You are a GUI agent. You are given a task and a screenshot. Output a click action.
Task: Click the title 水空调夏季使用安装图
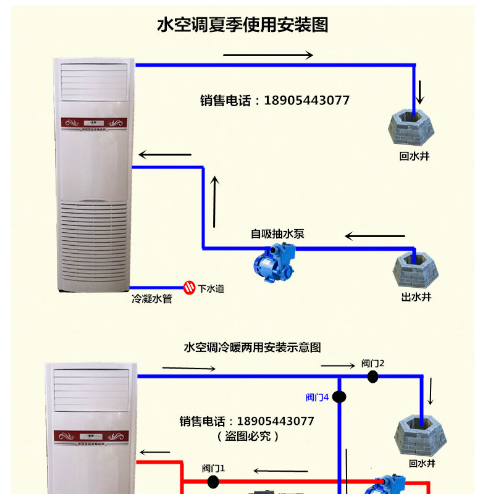[242, 25]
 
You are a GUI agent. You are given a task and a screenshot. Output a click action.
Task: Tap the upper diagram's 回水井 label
[414, 156]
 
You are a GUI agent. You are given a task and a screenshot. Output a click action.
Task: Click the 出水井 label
[416, 297]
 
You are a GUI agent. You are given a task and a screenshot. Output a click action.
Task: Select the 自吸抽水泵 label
[277, 233]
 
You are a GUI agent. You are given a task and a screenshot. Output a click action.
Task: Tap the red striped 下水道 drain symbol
[189, 287]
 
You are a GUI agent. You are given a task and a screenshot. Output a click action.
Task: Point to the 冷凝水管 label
[152, 299]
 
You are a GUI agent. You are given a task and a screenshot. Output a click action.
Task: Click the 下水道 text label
[211, 288]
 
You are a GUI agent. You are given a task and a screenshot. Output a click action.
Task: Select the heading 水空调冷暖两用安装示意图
[252, 348]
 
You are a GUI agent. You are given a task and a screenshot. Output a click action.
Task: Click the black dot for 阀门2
[372, 377]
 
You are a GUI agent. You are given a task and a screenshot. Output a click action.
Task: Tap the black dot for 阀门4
[339, 396]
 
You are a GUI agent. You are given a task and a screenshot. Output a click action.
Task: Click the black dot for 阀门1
[214, 482]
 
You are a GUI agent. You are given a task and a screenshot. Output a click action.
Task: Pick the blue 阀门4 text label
[317, 397]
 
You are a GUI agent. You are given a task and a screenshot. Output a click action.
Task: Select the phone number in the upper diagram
[275, 100]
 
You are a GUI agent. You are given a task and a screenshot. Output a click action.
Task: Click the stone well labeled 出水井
[416, 270]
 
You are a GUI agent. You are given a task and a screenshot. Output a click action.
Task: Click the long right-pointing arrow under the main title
[267, 56]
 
